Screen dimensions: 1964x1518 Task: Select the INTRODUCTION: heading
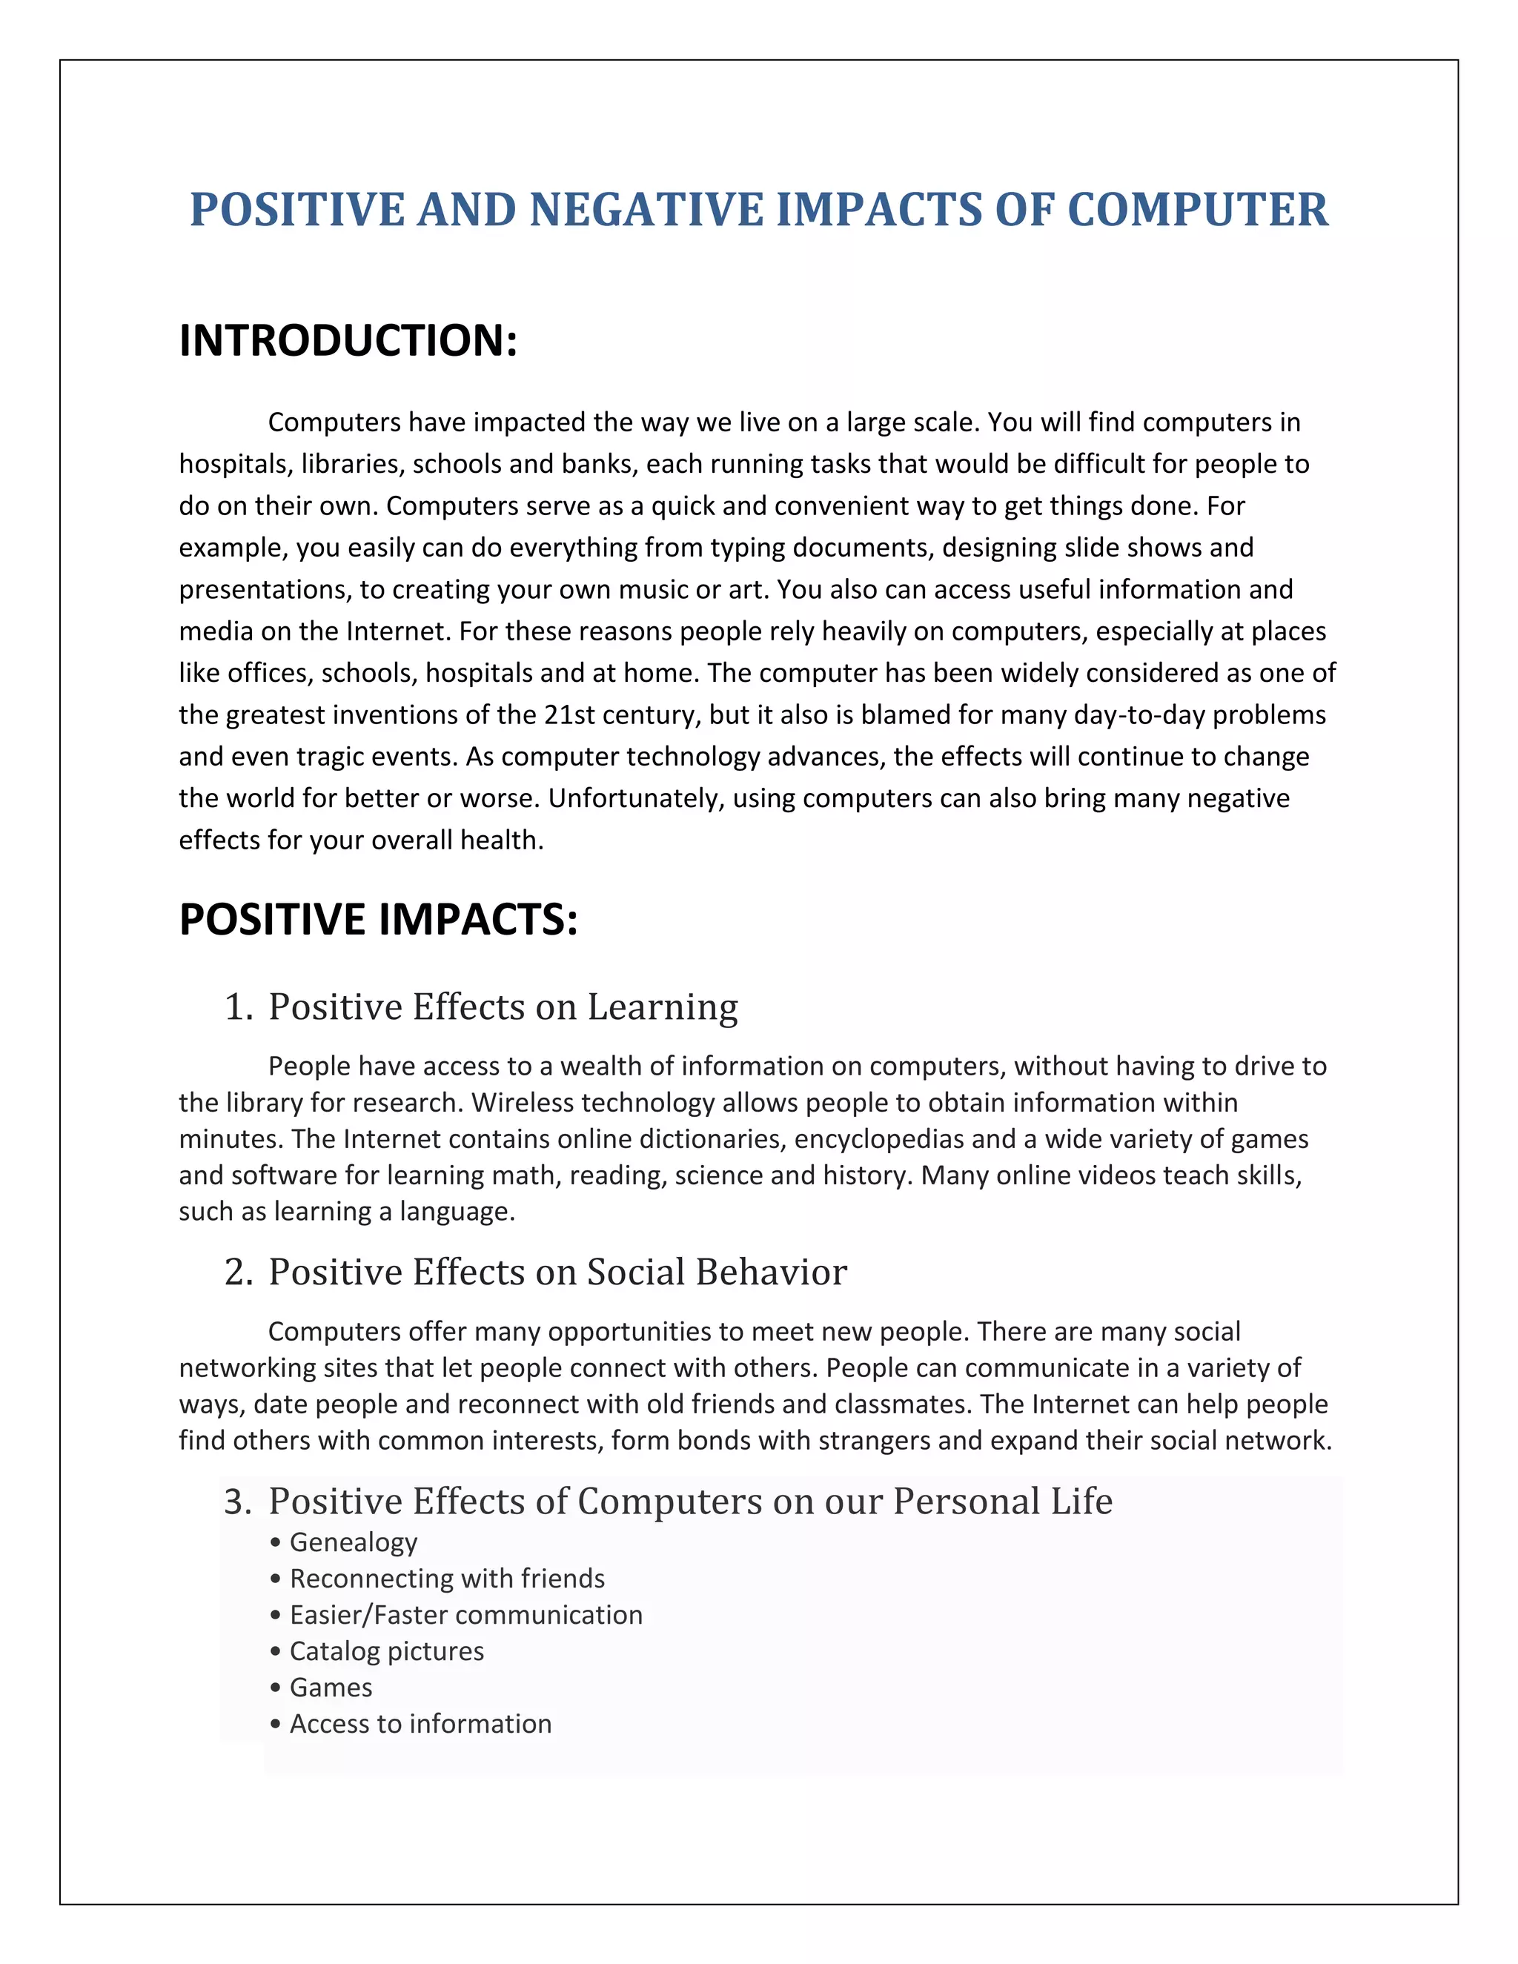point(348,341)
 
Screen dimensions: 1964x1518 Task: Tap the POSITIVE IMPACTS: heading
point(378,920)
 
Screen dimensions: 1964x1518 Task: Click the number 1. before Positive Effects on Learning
point(239,1007)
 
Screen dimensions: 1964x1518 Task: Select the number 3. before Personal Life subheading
point(239,1502)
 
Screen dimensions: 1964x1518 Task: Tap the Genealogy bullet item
point(353,1542)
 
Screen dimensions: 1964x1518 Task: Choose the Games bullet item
point(330,1687)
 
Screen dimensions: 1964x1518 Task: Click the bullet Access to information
point(420,1724)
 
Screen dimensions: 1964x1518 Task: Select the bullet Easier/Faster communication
point(465,1615)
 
